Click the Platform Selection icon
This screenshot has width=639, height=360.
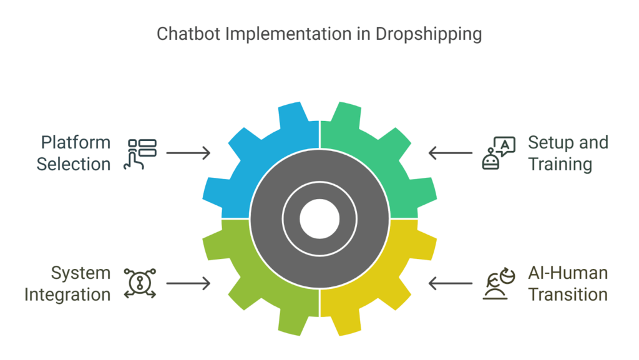[x=142, y=153]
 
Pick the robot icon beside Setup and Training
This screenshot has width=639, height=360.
[x=499, y=153]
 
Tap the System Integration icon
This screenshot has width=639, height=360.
[x=140, y=283]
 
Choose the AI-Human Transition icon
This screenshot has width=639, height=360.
[x=498, y=284]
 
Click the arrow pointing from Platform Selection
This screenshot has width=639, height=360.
[x=188, y=153]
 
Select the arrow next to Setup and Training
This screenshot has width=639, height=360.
[x=450, y=153]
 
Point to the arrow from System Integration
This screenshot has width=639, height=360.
[x=188, y=284]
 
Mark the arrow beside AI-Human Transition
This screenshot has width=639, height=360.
[x=450, y=284]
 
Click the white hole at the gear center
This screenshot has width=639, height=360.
[x=319, y=219]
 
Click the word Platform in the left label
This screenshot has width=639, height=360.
[x=73, y=143]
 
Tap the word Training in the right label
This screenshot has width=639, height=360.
[x=560, y=164]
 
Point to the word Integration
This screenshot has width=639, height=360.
[x=67, y=294]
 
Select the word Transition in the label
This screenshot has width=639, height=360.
[x=568, y=294]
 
